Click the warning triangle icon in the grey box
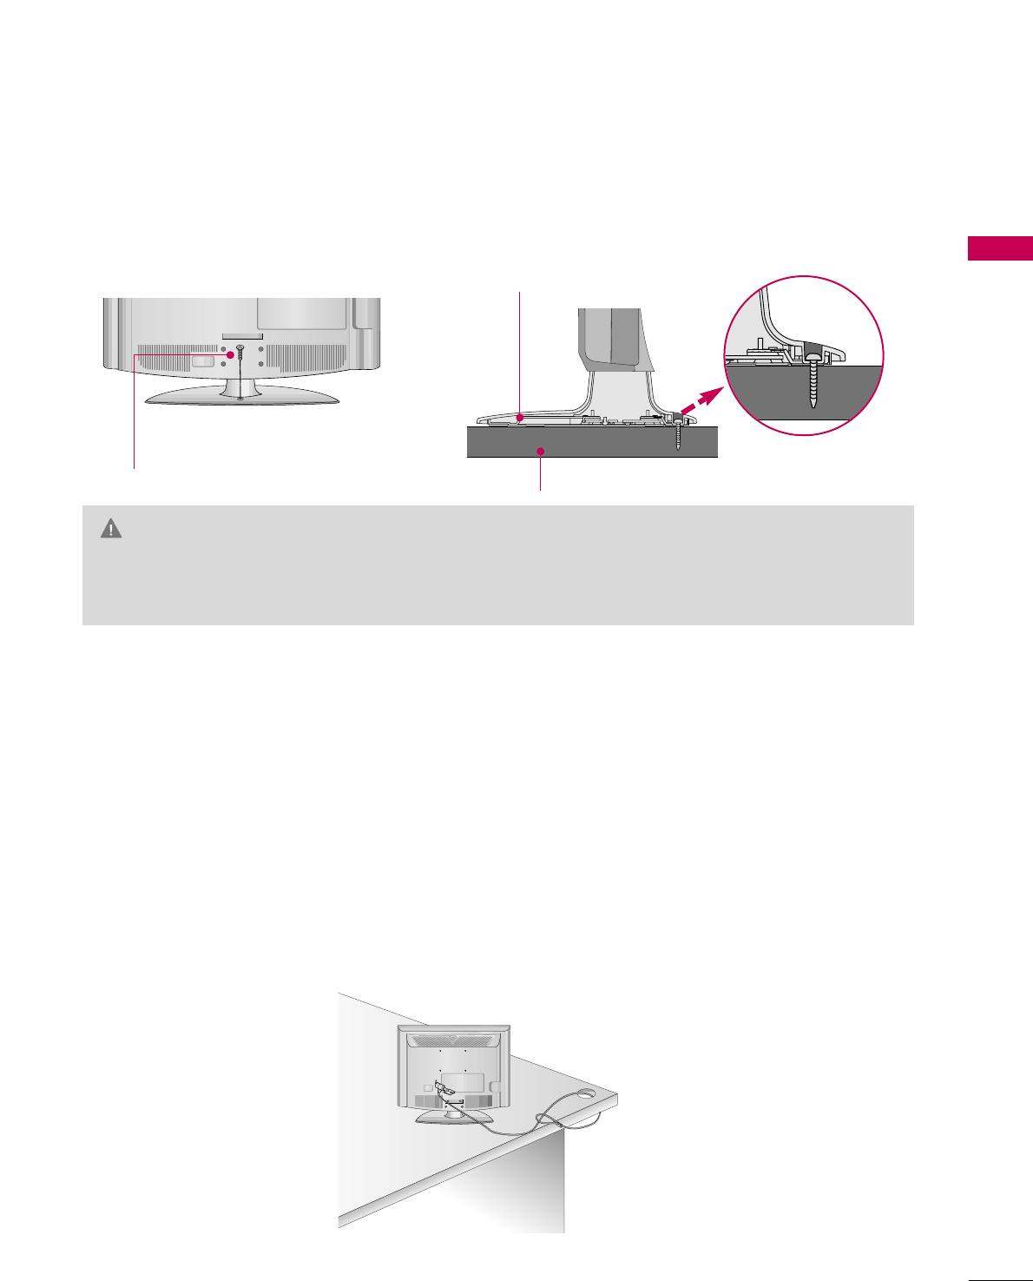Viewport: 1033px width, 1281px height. click(x=111, y=528)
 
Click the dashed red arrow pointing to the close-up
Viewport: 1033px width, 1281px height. click(x=704, y=401)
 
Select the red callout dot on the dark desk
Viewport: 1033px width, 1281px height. click(x=541, y=451)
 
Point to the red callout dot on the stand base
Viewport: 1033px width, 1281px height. click(x=518, y=418)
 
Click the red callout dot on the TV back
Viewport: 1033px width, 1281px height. click(x=230, y=354)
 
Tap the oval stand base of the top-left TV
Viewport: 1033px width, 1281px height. click(x=240, y=396)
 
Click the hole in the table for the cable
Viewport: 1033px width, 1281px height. click(x=584, y=1095)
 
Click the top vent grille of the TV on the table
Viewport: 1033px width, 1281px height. click(x=453, y=1040)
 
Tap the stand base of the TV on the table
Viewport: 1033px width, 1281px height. click(x=454, y=1117)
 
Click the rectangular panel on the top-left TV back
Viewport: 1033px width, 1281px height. click(x=302, y=314)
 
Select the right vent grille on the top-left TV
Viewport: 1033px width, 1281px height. click(x=309, y=357)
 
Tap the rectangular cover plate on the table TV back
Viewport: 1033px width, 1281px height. click(x=462, y=1082)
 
